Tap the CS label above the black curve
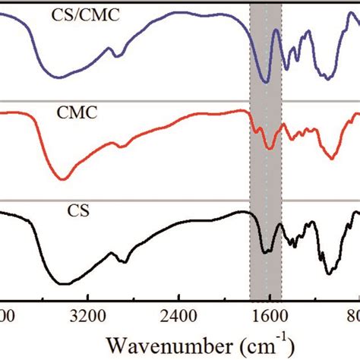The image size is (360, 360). pos(80,212)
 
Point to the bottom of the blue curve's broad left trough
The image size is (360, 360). pos(57,76)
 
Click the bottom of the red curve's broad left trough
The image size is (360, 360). pos(63,178)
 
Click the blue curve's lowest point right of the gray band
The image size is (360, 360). pos(327,77)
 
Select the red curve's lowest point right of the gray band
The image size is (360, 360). pos(331,158)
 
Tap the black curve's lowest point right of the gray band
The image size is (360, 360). pos(328,273)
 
